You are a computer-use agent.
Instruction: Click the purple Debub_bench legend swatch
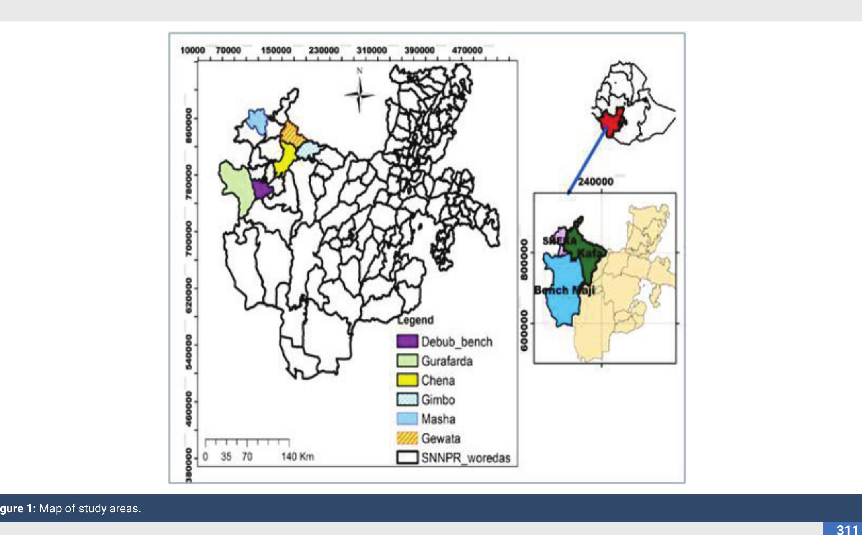click(x=407, y=341)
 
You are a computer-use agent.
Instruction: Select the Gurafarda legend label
click(x=447, y=361)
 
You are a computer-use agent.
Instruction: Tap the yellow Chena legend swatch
click(x=407, y=380)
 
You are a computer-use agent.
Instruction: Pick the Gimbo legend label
click(x=438, y=400)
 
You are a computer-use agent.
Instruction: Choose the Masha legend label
click(x=438, y=419)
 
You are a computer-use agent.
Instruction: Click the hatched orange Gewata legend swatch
click(x=407, y=438)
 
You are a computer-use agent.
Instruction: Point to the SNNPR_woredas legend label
click(x=465, y=458)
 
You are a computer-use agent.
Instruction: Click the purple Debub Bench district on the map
click(x=261, y=189)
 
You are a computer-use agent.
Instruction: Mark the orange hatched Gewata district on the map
click(x=292, y=133)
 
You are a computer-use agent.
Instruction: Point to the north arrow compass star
click(x=359, y=95)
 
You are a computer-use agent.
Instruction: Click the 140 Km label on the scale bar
click(x=297, y=457)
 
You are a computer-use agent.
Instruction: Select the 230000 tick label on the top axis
click(x=324, y=51)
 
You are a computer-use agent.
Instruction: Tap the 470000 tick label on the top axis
click(x=467, y=51)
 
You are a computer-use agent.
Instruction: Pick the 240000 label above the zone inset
click(x=595, y=182)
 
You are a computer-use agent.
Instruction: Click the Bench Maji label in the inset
click(x=564, y=290)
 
